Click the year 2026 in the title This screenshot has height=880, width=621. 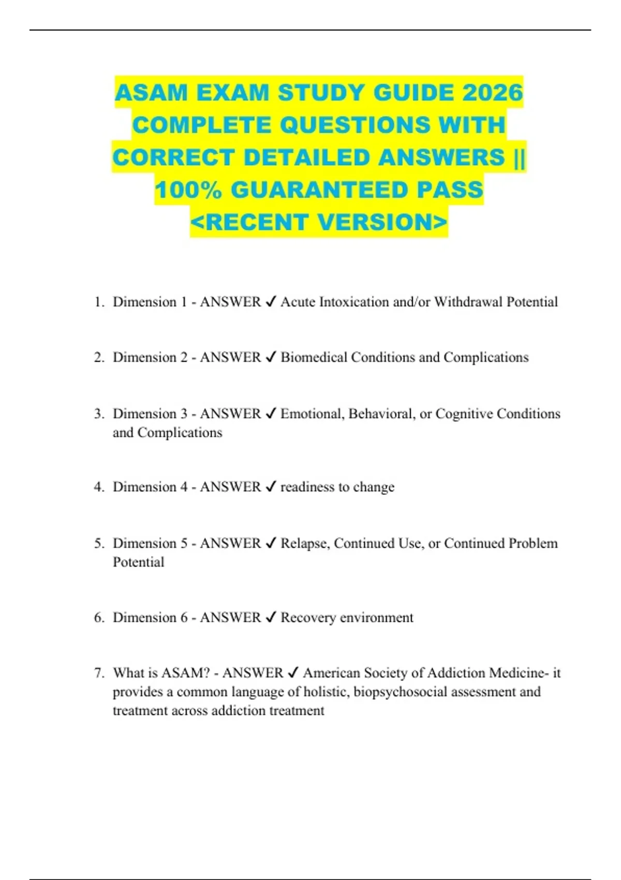pos(493,93)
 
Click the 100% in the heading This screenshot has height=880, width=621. pos(188,190)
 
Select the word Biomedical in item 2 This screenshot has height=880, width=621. pos(314,357)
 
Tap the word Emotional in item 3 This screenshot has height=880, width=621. pos(312,414)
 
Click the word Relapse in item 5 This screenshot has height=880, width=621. pos(305,543)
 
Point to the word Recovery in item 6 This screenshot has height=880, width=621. pos(308,618)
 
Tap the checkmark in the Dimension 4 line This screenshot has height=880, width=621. pos(270,487)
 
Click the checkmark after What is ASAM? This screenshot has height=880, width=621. pos(292,673)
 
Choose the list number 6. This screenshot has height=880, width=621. pos(99,618)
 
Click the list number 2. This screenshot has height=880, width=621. pos(99,357)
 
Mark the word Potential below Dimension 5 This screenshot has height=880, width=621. pos(138,562)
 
